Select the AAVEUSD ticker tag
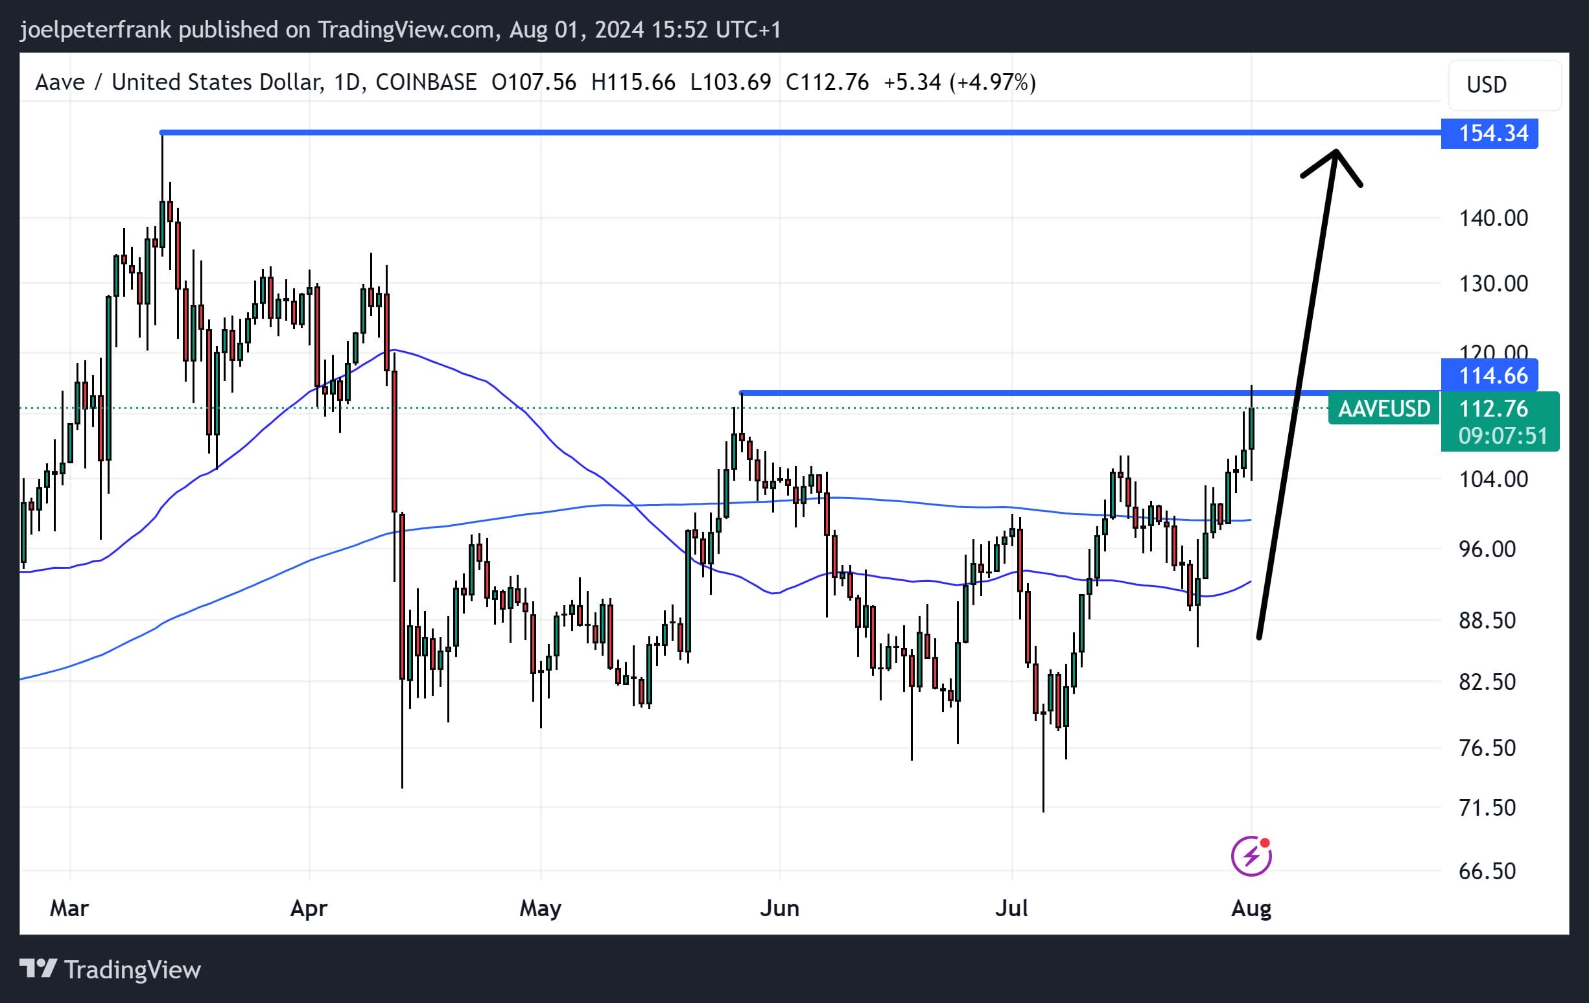click(x=1383, y=409)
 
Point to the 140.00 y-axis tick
click(x=1492, y=218)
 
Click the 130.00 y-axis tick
click(x=1492, y=284)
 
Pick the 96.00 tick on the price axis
click(x=1487, y=549)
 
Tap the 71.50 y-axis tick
click(x=1487, y=808)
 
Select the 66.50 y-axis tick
click(x=1487, y=871)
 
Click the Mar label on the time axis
click(x=69, y=908)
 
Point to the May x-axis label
click(x=540, y=908)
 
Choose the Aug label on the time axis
click(x=1251, y=908)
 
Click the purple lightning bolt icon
click(x=1251, y=857)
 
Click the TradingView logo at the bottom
click(x=110, y=969)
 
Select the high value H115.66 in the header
click(x=633, y=82)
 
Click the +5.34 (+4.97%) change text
click(x=959, y=82)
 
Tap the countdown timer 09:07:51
click(x=1502, y=436)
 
